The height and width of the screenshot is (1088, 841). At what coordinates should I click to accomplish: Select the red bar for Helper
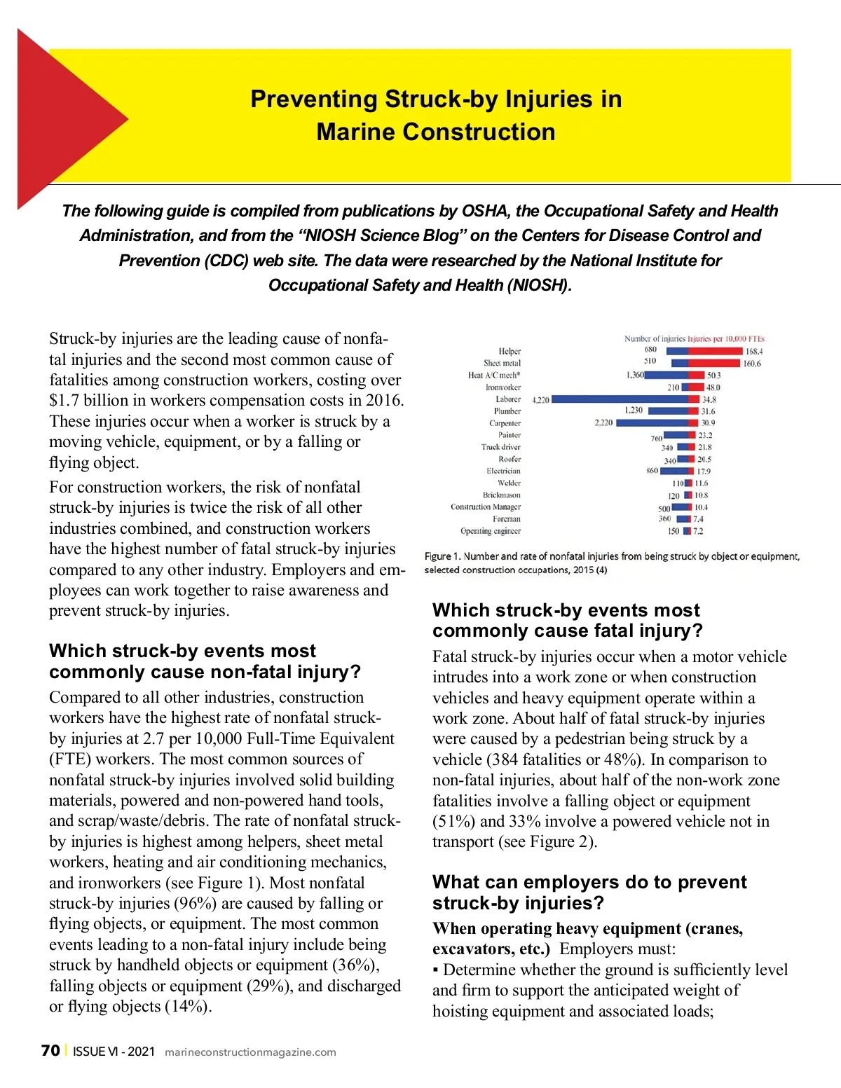click(715, 351)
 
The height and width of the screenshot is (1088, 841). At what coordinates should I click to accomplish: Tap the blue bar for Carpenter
click(652, 423)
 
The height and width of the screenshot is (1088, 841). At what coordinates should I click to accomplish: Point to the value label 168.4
click(754, 352)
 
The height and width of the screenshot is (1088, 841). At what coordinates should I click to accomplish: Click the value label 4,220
click(540, 400)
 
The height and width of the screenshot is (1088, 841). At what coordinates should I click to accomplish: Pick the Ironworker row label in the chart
click(503, 387)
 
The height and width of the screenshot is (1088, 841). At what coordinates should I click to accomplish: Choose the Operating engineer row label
click(491, 531)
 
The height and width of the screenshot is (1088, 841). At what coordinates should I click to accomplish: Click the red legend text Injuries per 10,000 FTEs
click(726, 339)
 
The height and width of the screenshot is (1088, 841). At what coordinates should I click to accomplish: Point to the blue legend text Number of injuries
click(655, 339)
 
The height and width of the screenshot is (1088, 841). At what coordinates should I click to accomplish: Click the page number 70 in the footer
click(50, 1051)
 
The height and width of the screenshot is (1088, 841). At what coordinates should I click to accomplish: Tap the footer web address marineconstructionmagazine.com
click(250, 1052)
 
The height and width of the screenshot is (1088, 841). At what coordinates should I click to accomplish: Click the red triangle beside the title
click(63, 119)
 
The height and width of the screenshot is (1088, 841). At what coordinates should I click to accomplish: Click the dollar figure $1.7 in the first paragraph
click(64, 401)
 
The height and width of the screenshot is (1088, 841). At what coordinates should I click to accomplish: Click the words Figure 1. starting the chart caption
click(442, 556)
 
